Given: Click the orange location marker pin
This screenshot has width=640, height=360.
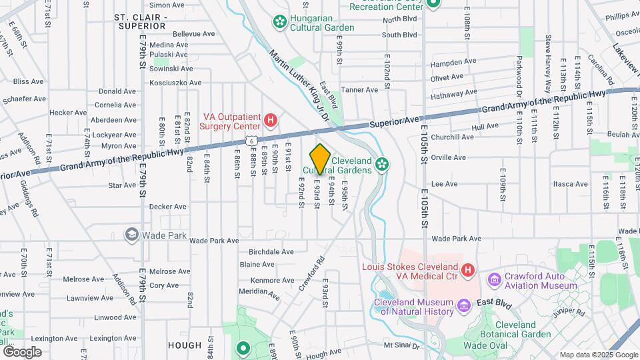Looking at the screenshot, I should click(x=320, y=159).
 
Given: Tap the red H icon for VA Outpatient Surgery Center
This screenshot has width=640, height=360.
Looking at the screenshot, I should click(x=271, y=120).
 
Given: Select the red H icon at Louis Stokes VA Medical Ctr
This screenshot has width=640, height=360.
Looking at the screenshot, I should click(x=468, y=270).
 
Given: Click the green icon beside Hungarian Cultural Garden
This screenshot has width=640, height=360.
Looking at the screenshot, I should click(x=279, y=22).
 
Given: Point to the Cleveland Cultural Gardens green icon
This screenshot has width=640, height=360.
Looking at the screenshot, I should click(x=382, y=164).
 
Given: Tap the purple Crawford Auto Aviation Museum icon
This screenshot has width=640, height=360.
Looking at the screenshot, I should click(x=494, y=279).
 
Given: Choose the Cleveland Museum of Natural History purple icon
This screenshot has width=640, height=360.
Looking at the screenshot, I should click(x=464, y=306).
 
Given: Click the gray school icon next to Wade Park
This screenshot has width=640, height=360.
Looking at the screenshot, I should click(x=132, y=235).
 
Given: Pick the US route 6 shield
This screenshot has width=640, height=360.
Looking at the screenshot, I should click(x=251, y=139).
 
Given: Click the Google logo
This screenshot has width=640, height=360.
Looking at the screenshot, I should click(x=22, y=351).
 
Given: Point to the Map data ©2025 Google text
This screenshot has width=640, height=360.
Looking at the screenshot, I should click(x=598, y=355).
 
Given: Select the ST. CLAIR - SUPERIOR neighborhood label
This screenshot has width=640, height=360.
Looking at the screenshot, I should click(x=139, y=21).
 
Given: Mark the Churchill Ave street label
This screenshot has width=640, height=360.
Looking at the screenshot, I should click(x=453, y=137).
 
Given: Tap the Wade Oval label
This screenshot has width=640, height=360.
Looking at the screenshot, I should click(x=485, y=345).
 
